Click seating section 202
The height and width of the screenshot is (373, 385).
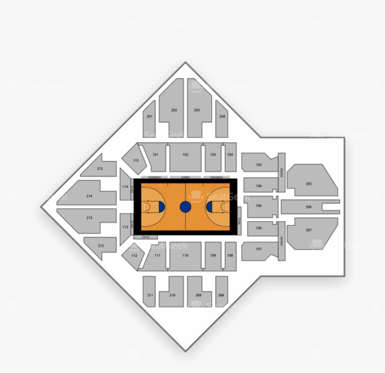click(x=174, y=110)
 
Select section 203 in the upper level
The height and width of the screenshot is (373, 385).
click(x=197, y=110)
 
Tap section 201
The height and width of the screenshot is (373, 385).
click(x=149, y=117)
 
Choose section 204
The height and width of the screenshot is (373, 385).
click(x=222, y=117)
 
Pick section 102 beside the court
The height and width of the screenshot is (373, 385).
click(x=185, y=155)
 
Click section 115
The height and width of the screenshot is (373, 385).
click(x=135, y=160)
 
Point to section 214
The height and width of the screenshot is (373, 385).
click(x=89, y=196)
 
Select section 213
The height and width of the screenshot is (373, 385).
click(x=89, y=218)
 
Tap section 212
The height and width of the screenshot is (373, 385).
click(x=100, y=246)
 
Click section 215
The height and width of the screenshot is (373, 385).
click(x=100, y=168)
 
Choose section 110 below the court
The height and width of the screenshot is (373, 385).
click(x=185, y=256)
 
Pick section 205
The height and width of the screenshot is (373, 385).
click(x=309, y=184)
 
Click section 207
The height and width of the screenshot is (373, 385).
click(x=309, y=230)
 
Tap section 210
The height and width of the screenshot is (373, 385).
click(x=172, y=295)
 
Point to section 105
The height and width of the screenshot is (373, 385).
click(x=259, y=165)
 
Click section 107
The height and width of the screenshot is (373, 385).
click(x=259, y=249)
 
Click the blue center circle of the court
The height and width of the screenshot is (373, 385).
click(x=185, y=207)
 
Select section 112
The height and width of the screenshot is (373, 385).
click(x=134, y=256)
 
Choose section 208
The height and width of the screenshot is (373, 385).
click(x=221, y=295)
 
